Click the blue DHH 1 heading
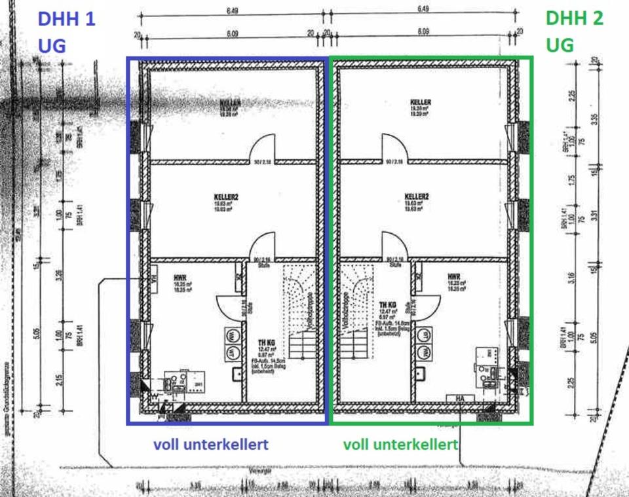tap(66, 18)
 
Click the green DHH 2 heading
tap(574, 18)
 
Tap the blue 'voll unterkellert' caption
tap(210, 445)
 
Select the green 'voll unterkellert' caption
tap(400, 445)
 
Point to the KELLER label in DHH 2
tap(420, 102)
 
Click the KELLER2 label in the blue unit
tap(227, 196)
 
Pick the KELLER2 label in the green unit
tap(417, 196)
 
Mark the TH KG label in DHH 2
tap(387, 304)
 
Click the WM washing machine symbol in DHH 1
tap(231, 335)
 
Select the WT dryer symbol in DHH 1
tap(231, 354)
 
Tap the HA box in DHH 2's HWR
tap(461, 397)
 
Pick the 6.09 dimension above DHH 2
tap(423, 31)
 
